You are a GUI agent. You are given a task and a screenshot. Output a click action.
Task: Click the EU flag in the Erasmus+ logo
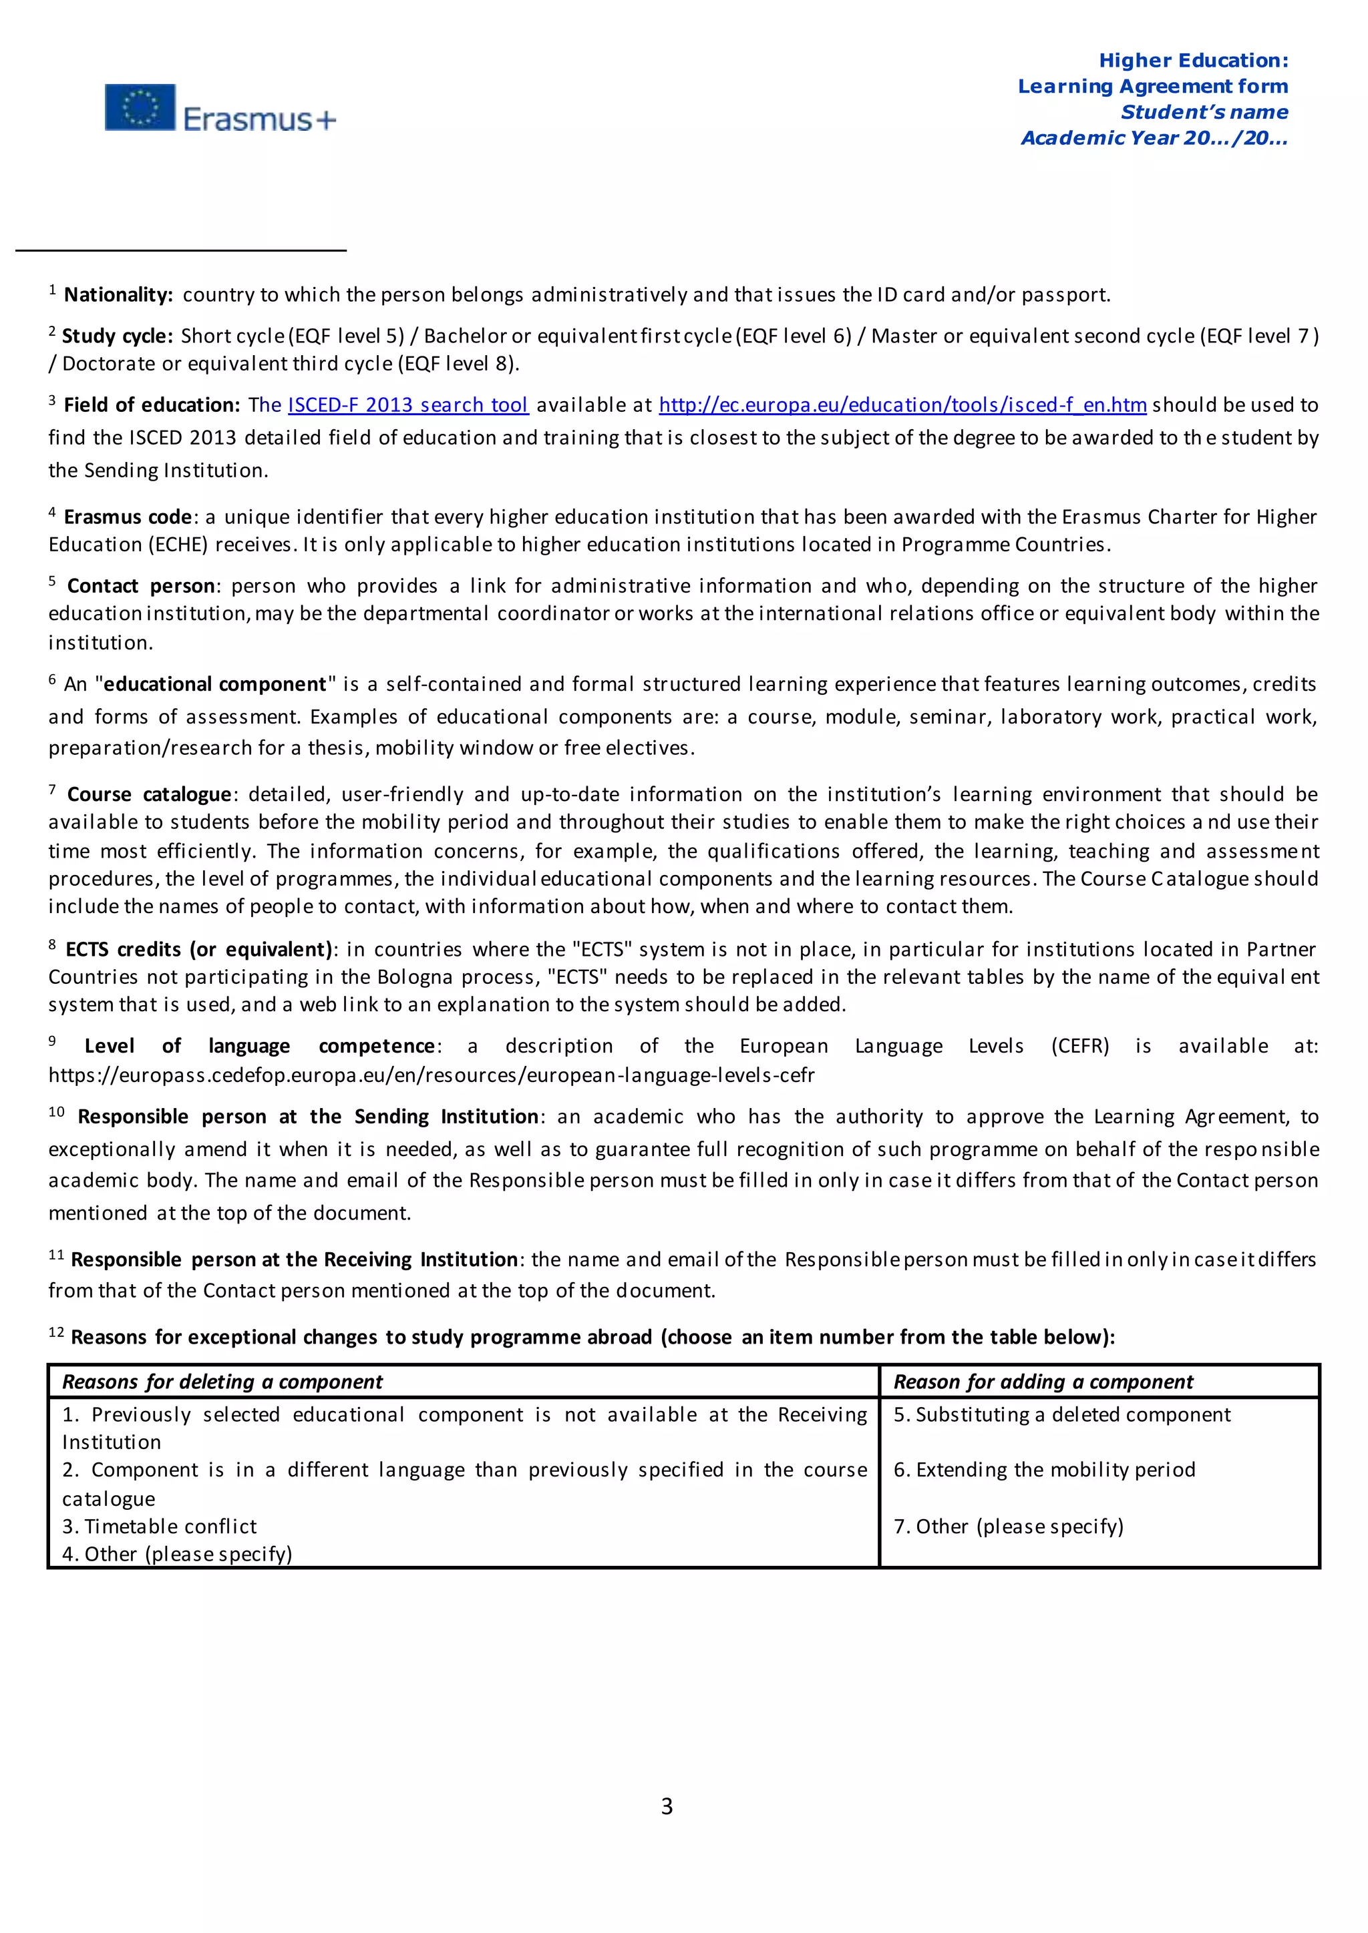140,107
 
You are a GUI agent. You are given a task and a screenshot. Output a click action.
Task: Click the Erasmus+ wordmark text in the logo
259,119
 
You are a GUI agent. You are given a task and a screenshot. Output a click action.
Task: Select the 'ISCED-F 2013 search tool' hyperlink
407,405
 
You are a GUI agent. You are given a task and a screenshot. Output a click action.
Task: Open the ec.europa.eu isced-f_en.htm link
902,405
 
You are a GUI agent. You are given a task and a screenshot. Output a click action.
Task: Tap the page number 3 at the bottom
667,1806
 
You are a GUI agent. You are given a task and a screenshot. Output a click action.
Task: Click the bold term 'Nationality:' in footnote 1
118,294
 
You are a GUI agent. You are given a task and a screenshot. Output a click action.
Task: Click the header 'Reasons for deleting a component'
222,1382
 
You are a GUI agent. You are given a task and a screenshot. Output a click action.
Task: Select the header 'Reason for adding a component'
1043,1382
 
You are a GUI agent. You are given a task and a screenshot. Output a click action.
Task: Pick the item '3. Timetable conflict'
159,1527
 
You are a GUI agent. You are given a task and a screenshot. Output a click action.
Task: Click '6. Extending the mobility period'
1043,1469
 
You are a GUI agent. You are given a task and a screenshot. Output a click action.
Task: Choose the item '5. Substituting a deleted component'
1061,1414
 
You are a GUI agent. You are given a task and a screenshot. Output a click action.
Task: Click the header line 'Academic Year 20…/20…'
1154,138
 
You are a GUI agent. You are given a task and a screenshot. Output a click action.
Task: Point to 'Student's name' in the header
1204,112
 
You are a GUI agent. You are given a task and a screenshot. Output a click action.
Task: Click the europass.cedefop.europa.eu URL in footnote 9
432,1075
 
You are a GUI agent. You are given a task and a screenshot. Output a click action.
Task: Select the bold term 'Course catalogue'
149,795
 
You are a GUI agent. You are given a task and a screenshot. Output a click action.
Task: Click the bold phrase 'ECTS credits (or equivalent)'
200,950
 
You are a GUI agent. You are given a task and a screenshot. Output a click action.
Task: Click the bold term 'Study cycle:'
117,336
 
